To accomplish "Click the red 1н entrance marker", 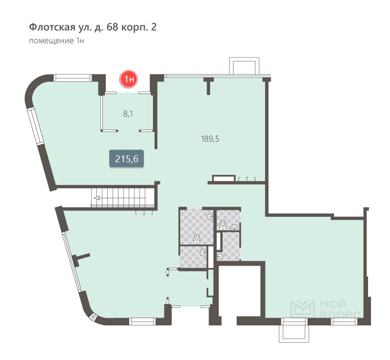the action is [129, 79].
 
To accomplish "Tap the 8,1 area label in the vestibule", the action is [128, 114].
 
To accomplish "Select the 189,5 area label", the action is [210, 139].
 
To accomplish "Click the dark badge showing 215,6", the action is [127, 159].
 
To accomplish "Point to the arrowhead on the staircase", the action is [97, 198].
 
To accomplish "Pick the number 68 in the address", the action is [112, 27].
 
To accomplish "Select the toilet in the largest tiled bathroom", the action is [197, 239].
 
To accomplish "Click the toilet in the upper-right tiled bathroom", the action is [223, 225].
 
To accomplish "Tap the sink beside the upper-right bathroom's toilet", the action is [234, 227].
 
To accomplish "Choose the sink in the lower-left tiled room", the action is [203, 253].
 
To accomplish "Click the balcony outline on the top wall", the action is [244, 66].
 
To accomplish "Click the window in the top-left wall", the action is [73, 78].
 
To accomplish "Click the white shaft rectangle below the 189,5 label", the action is [224, 178].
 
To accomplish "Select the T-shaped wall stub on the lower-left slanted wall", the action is [81, 259].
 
